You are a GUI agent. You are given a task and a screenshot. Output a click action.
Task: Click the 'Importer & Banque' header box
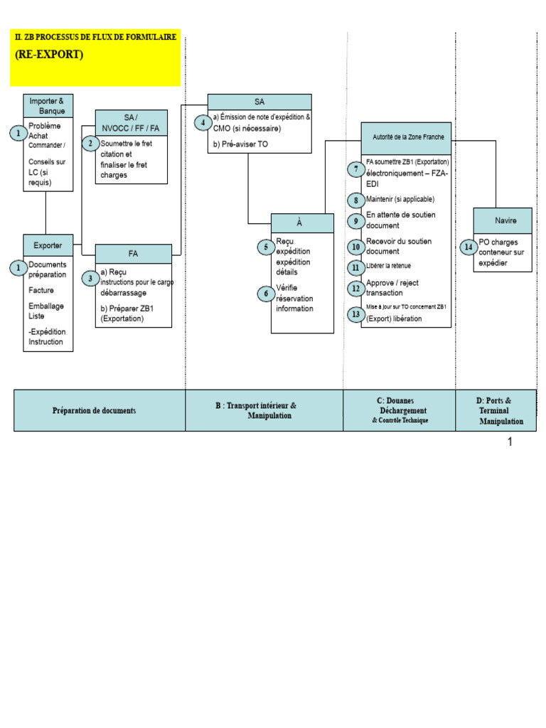48,106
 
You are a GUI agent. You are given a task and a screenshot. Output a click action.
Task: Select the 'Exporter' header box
48,245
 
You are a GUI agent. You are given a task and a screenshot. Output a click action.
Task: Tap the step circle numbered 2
90,144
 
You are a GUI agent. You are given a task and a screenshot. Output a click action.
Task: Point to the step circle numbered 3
90,278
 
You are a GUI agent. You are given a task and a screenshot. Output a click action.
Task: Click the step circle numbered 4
203,123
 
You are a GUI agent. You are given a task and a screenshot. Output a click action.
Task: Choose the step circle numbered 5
266,247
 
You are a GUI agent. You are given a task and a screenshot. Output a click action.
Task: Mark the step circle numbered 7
355,169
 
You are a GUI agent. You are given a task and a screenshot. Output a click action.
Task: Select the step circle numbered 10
355,247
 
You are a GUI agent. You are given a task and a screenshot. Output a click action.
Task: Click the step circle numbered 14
468,247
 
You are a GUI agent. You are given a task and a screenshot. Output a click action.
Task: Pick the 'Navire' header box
502,220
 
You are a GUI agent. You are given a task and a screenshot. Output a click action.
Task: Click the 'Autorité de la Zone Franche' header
406,138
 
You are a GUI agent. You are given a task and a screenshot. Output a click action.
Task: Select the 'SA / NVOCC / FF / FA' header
132,122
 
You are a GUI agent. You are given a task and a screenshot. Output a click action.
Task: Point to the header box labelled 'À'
302,223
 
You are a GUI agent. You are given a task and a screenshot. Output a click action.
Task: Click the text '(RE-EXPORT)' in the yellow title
48,55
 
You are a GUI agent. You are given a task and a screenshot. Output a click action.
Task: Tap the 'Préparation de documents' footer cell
100,410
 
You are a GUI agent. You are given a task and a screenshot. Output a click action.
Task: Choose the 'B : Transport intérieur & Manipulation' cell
264,410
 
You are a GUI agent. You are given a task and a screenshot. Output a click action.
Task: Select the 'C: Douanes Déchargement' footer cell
400,410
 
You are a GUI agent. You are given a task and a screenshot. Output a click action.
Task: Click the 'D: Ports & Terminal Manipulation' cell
496,410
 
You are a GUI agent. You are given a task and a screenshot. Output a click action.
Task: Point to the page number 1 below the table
510,441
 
